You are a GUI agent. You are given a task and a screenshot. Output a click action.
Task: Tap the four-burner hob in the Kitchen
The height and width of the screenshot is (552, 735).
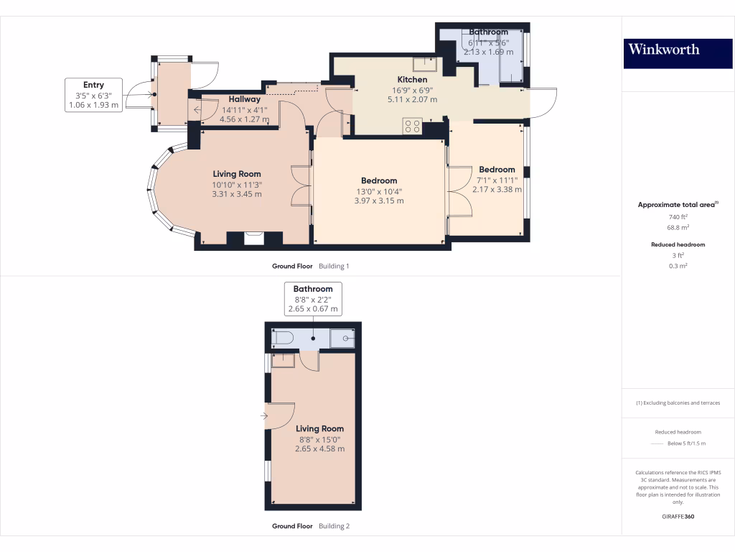413,126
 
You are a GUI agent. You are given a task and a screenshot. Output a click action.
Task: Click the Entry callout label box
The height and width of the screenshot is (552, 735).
94,95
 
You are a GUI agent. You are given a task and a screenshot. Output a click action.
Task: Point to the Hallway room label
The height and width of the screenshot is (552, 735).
245,99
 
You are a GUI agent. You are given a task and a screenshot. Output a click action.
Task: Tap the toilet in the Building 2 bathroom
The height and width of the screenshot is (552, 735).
284,339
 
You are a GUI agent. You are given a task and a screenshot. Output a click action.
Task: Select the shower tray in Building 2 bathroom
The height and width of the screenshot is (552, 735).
342,339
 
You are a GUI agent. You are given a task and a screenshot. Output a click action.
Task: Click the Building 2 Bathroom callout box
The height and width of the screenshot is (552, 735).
313,299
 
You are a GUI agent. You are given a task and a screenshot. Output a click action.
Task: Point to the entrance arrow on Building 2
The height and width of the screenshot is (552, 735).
264,415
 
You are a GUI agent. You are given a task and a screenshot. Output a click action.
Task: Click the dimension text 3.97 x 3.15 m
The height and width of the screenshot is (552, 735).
379,201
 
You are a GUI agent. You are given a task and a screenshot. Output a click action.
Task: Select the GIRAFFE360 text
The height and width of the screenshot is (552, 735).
678,516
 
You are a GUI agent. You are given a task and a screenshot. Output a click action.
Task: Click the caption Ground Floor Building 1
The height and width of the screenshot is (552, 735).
310,266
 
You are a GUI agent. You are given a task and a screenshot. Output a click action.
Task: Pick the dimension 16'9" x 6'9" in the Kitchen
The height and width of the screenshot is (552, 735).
412,91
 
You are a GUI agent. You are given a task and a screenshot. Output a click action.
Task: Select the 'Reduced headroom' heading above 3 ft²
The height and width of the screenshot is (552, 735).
678,244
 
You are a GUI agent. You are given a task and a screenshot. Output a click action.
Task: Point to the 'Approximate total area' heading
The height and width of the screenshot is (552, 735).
678,205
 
